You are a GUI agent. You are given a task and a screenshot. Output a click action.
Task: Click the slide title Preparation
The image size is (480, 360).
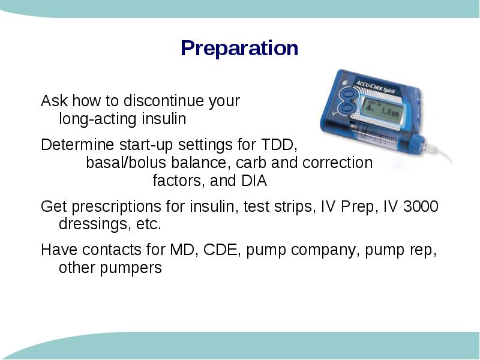click(239, 49)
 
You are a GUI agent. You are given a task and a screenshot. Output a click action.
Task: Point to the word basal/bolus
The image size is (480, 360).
click(125, 163)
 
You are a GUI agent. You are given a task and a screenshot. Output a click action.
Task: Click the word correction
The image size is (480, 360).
click(337, 163)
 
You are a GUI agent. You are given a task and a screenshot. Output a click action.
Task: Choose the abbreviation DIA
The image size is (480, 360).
click(254, 181)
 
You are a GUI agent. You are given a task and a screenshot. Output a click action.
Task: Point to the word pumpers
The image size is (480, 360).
click(131, 268)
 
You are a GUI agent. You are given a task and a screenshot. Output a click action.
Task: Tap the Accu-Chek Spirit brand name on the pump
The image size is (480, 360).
click(375, 86)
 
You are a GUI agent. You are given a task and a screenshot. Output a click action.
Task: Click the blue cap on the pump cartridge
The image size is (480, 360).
click(417, 144)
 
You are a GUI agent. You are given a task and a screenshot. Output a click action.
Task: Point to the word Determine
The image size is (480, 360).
click(77, 144)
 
